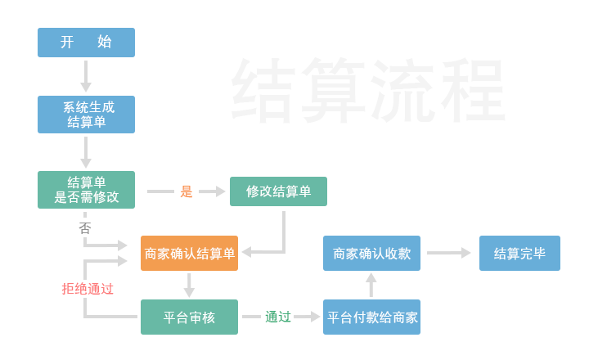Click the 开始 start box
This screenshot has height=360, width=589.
(86, 43)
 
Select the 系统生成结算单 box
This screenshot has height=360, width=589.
(86, 115)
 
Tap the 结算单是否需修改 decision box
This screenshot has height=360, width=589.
(86, 190)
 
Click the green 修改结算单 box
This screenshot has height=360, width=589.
(278, 191)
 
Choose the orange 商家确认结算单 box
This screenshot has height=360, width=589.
(189, 254)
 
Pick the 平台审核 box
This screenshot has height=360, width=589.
(189, 317)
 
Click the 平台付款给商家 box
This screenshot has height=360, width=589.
(371, 317)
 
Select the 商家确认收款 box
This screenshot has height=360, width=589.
(371, 254)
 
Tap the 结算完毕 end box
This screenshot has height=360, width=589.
(519, 254)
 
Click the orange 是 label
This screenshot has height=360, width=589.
(187, 191)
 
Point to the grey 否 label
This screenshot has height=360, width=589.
(85, 228)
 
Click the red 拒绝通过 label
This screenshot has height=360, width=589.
(88, 289)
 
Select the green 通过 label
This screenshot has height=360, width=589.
(278, 317)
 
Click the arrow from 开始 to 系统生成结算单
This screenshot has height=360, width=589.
(86, 75)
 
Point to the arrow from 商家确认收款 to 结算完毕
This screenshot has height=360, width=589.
(449, 254)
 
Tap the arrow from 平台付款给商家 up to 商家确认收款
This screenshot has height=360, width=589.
(371, 285)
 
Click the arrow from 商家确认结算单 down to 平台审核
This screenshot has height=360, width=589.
(189, 285)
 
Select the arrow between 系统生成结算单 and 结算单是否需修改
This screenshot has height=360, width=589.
(86, 151)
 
